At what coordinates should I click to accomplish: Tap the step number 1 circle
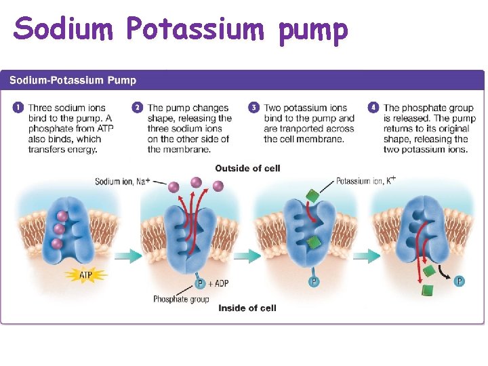pos(17,108)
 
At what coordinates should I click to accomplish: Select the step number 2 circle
pos(137,108)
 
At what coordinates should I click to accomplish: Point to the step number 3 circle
pos(253,108)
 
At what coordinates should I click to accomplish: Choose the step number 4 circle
pos(373,108)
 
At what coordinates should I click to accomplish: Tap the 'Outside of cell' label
pos(247,168)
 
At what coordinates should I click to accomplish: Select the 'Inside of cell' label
pos(247,308)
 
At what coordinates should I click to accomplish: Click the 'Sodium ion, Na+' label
pos(122,182)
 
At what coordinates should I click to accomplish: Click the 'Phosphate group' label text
pos(181,299)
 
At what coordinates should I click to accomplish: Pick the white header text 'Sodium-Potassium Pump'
pos(73,81)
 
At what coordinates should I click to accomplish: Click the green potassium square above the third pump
pos(312,197)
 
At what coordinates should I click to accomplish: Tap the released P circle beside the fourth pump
pos(459,281)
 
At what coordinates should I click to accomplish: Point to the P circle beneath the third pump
pos(314,281)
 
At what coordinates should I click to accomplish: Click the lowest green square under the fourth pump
pos(426,290)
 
